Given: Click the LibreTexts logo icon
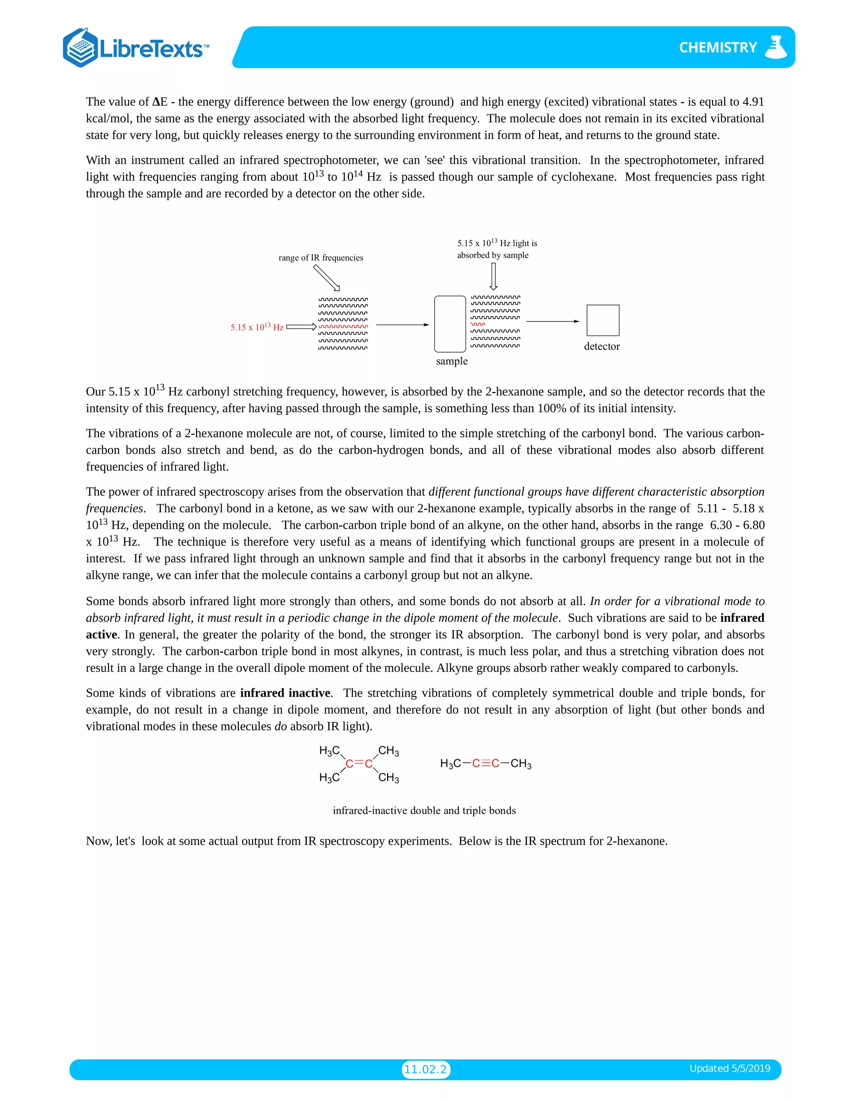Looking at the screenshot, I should (x=81, y=48).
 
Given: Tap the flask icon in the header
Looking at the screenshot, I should (x=775, y=47).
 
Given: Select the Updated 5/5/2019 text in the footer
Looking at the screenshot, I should (x=730, y=1068).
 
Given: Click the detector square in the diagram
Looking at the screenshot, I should (x=603, y=320).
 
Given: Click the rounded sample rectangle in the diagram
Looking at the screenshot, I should (x=450, y=324).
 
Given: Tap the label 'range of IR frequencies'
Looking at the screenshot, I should (x=321, y=258).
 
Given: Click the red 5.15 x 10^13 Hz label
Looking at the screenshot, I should (x=257, y=327).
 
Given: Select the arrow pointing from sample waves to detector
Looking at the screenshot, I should (x=552, y=321).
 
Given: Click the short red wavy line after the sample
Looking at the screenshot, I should (x=477, y=324).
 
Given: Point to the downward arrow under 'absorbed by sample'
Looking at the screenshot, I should (x=493, y=277).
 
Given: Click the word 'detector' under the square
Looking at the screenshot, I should (x=601, y=347).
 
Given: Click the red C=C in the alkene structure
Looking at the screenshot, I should (x=359, y=764).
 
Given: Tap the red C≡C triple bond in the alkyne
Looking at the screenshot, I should (x=485, y=763).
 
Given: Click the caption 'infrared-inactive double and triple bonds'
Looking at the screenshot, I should (x=424, y=810).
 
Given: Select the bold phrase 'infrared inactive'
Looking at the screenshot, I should (x=285, y=693).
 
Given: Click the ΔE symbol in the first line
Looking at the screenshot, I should (x=160, y=102).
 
